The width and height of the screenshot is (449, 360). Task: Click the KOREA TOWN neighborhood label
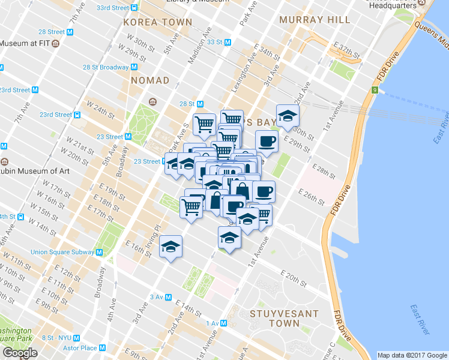click(x=157, y=22)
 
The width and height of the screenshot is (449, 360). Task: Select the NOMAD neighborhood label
click(x=150, y=80)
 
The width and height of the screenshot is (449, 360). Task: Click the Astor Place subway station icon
click(x=103, y=348)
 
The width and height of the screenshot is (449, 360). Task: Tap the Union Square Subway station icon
click(x=98, y=253)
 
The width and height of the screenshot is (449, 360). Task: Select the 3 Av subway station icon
click(x=169, y=297)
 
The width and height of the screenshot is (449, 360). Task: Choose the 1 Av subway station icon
click(x=223, y=323)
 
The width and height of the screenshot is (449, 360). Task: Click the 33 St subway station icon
click(x=228, y=43)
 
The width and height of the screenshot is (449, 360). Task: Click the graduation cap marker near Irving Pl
click(x=170, y=246)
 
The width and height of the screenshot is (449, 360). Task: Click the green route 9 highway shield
click(x=375, y=91)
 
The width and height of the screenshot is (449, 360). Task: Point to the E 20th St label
click(x=294, y=277)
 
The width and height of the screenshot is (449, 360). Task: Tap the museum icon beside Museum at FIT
click(x=55, y=43)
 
